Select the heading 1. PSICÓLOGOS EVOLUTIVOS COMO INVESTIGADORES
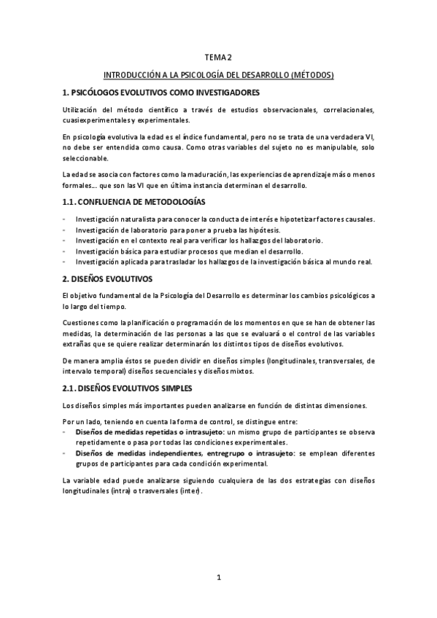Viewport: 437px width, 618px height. pyautogui.click(x=161, y=93)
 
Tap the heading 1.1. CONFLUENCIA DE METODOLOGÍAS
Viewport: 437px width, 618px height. pyautogui.click(x=134, y=200)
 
